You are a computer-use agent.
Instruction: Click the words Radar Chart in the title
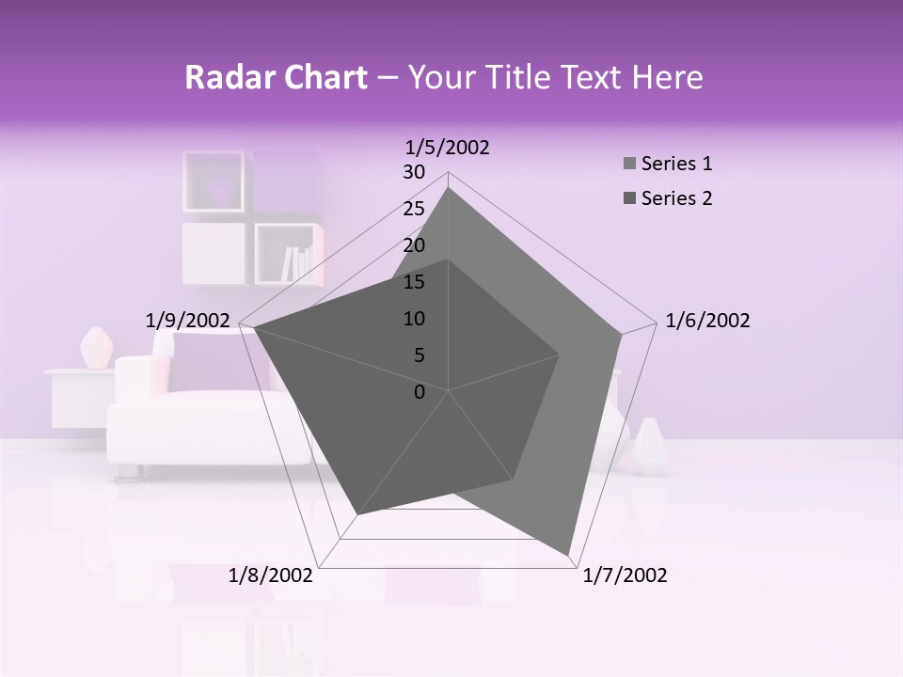[x=276, y=77]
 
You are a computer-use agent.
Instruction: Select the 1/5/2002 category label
[x=448, y=148]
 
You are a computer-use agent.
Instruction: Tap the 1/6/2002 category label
[x=707, y=321]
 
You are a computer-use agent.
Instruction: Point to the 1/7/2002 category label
[x=625, y=575]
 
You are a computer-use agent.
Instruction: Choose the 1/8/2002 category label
[x=271, y=575]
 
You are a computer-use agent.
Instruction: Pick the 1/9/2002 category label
[x=187, y=321]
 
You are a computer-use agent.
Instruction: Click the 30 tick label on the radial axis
[x=414, y=172]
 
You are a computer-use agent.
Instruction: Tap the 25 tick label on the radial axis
[x=414, y=209]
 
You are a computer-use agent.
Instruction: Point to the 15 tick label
[x=414, y=282]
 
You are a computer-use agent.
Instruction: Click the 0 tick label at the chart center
[x=420, y=392]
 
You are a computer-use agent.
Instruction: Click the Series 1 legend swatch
[x=629, y=165]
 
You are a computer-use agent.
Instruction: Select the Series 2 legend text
[x=676, y=198]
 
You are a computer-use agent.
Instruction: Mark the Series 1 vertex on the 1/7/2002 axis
[x=569, y=554]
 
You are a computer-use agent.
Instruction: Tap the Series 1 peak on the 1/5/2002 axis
[x=449, y=188]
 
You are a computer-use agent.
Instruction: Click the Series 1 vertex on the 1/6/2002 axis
[x=622, y=334]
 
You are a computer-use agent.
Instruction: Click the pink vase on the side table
[x=96, y=348]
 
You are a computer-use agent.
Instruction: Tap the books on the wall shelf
[x=297, y=263]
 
